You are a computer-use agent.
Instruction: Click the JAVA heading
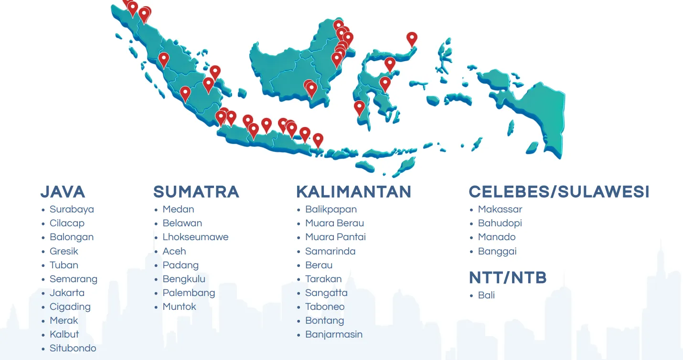(x=63, y=192)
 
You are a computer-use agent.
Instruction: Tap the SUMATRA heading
(x=196, y=192)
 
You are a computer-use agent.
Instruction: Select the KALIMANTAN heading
(x=354, y=192)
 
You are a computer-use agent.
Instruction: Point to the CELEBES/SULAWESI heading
(x=559, y=192)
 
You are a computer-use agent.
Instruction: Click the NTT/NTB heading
(x=508, y=278)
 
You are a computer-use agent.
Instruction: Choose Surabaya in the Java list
(x=72, y=210)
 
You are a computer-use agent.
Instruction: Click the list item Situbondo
(x=73, y=348)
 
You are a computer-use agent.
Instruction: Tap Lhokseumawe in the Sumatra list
(x=195, y=237)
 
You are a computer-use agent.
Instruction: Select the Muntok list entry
(x=179, y=307)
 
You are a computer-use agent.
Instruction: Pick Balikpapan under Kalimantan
(x=331, y=210)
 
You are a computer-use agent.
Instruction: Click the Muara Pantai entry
(x=335, y=237)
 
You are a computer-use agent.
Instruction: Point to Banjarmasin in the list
(x=334, y=334)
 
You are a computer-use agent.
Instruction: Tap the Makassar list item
(x=500, y=210)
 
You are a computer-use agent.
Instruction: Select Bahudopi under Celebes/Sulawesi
(x=500, y=223)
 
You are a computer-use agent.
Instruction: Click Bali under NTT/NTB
(x=486, y=295)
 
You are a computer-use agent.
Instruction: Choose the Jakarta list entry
(x=67, y=293)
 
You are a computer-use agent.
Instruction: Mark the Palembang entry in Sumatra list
(x=189, y=293)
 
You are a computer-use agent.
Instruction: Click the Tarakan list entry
(x=323, y=279)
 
